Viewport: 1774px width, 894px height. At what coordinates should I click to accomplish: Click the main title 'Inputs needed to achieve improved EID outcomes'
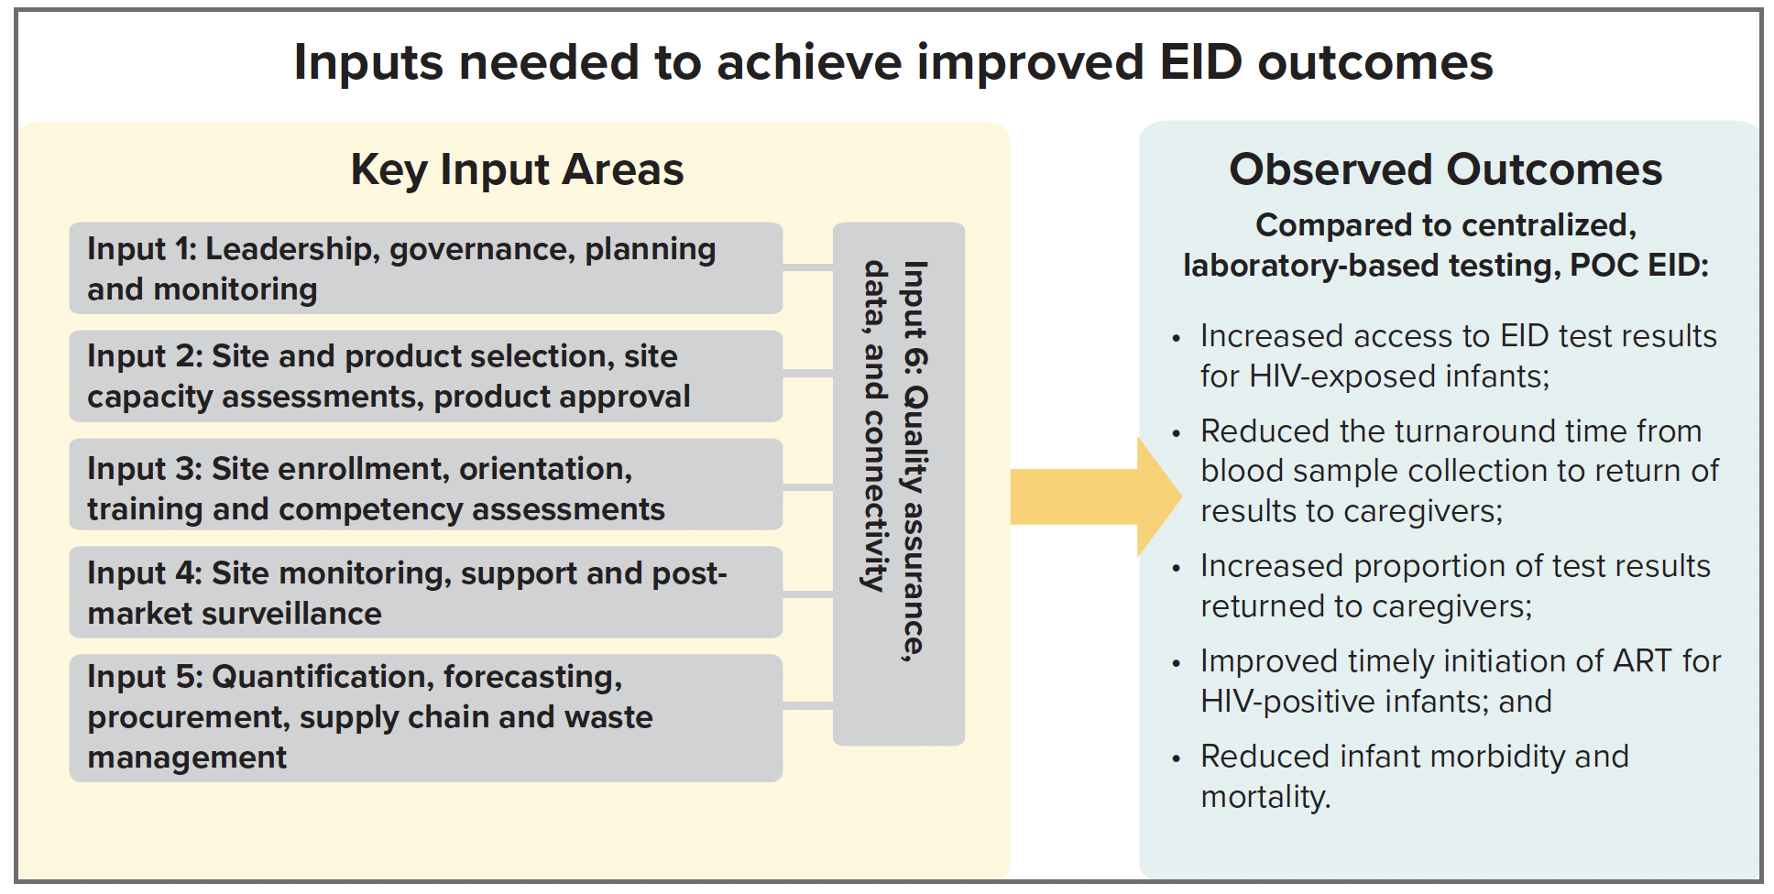(893, 62)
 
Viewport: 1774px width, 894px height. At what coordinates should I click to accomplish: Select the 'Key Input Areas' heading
(518, 169)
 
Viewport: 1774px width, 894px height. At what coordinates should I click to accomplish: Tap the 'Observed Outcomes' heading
(1446, 169)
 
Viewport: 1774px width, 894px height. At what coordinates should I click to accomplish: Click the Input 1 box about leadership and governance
(426, 268)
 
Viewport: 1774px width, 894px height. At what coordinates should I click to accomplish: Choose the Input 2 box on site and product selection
(426, 376)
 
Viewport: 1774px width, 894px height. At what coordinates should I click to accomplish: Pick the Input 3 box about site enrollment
(426, 485)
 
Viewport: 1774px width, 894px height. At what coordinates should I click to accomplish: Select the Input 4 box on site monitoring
(426, 592)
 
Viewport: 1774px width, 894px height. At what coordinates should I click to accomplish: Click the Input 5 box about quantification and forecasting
(426, 717)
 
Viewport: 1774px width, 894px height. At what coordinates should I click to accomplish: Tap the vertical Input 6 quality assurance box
(899, 484)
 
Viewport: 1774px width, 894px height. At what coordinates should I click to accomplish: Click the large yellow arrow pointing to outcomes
(1096, 496)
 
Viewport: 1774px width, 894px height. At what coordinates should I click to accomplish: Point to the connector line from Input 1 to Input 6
(808, 267)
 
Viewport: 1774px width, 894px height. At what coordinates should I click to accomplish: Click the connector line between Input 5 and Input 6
(808, 705)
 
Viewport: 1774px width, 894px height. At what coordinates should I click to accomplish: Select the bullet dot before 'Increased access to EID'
(1177, 339)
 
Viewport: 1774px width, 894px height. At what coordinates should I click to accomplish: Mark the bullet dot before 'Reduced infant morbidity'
(1177, 759)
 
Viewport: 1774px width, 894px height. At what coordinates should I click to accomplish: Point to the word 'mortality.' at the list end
(1265, 797)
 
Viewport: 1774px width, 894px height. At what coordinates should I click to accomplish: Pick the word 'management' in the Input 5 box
(187, 758)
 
